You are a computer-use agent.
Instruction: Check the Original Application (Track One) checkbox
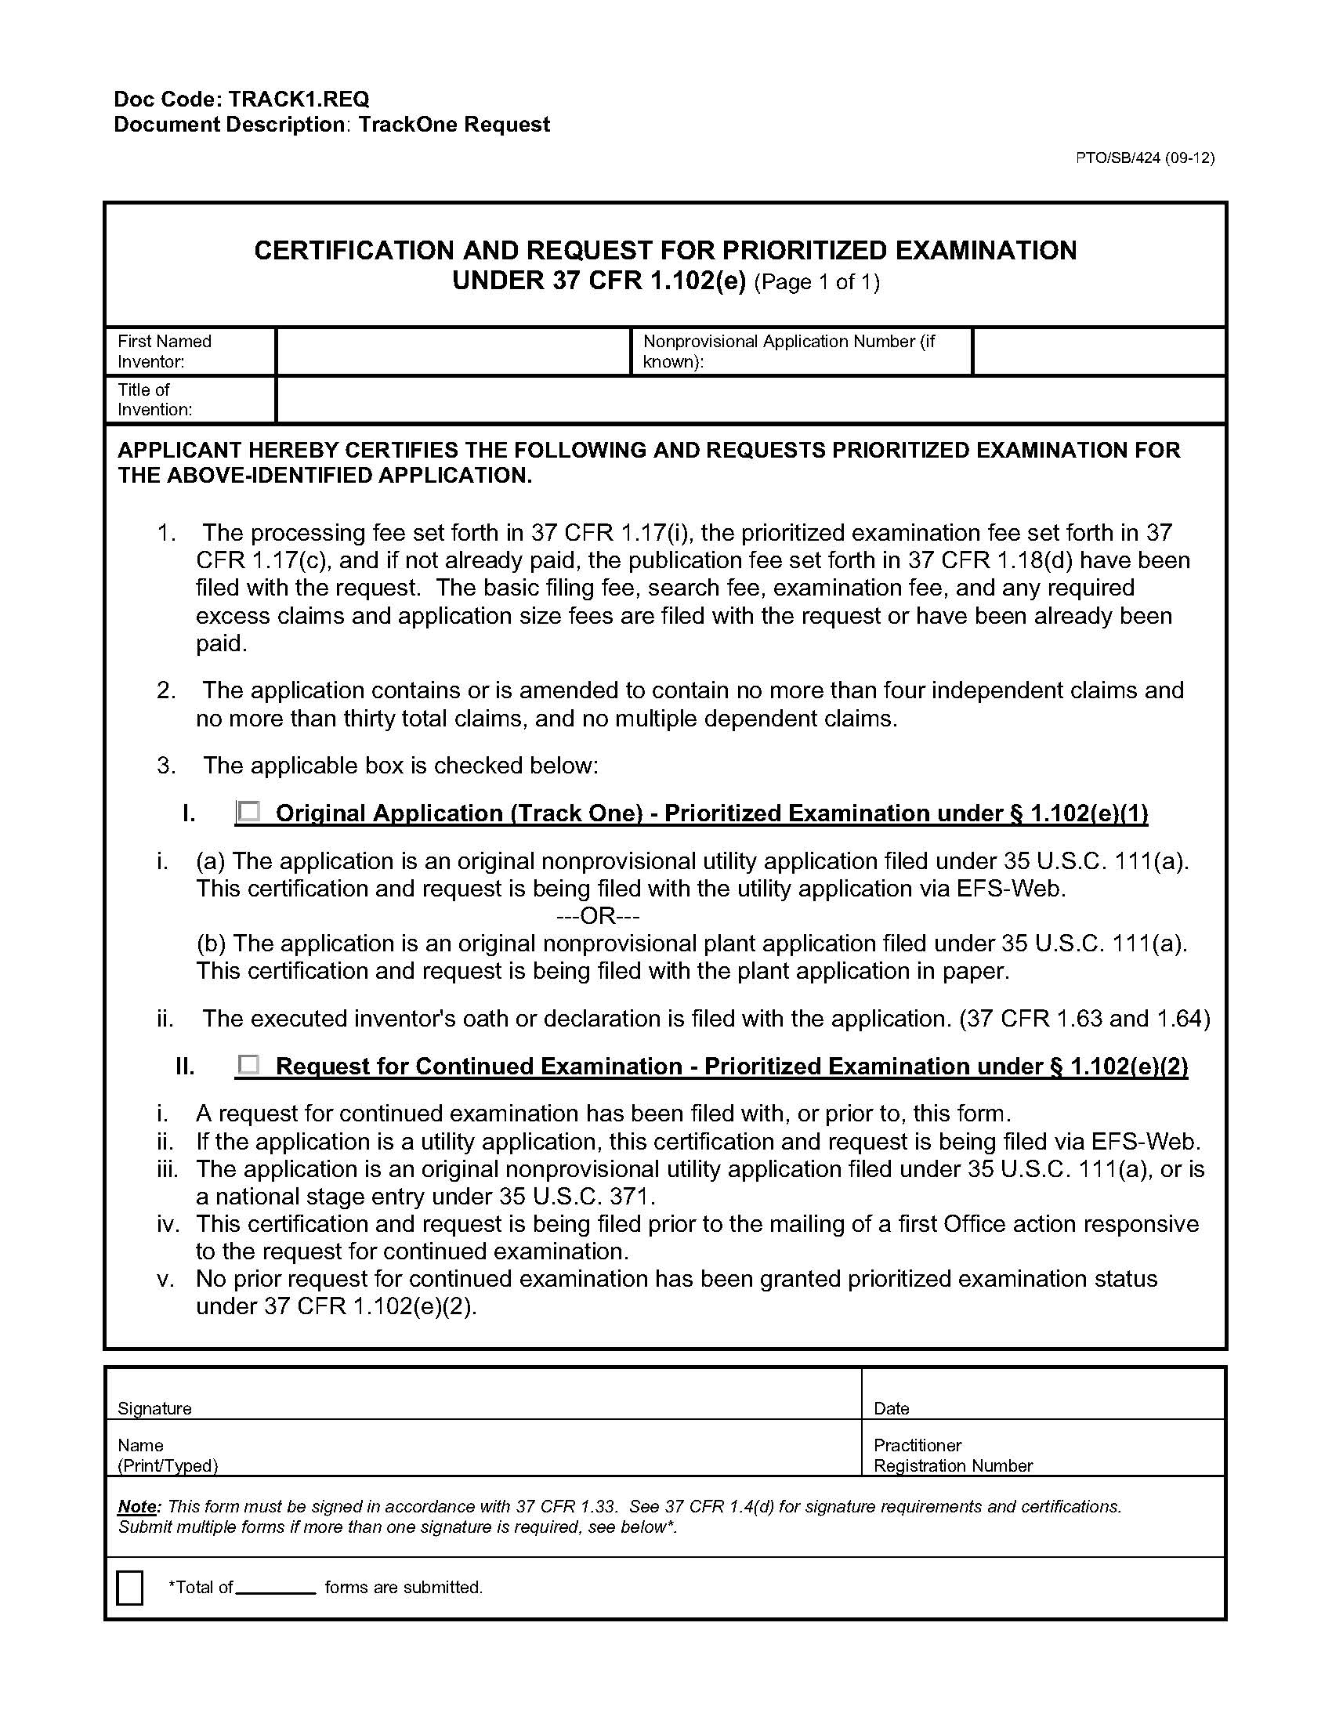249,812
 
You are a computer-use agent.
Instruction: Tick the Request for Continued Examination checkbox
249,1065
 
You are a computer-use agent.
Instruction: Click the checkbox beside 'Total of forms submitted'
129,1588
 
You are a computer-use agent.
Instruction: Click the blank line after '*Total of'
276,1588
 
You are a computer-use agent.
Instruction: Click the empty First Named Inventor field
453,351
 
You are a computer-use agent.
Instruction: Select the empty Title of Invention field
750,400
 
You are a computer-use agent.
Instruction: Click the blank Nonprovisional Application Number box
1099,351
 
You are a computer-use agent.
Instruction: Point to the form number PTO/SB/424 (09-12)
1145,158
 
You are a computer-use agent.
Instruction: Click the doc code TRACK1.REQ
299,100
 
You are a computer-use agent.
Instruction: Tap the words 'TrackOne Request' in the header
454,125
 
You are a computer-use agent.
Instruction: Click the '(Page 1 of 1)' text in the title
816,282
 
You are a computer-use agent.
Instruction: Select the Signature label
154,1409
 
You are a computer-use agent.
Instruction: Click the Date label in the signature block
892,1409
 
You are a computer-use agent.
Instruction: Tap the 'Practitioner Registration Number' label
953,1456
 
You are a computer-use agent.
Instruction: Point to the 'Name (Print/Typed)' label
168,1456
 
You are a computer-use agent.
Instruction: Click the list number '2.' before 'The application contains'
165,690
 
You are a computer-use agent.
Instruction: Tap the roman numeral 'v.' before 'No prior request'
165,1279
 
